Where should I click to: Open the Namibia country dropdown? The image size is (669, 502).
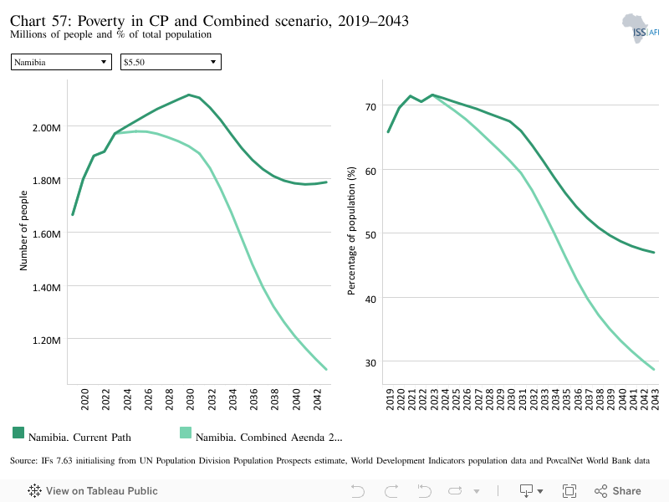click(x=61, y=62)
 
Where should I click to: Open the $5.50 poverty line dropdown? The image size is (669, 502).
click(x=171, y=62)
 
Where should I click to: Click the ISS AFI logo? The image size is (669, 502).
click(x=640, y=28)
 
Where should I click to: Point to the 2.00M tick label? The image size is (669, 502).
click(x=47, y=128)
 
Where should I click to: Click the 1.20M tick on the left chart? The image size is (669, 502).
click(x=47, y=341)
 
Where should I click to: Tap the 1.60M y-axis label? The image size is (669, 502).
click(x=47, y=234)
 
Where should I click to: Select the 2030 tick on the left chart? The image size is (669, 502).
click(x=191, y=399)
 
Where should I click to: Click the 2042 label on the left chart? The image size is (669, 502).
click(x=318, y=399)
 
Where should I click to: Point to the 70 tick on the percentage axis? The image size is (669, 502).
click(x=370, y=107)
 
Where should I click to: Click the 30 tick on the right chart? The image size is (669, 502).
click(x=370, y=363)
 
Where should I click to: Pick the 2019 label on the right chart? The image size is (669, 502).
click(x=390, y=399)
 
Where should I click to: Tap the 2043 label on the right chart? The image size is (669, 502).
click(x=655, y=399)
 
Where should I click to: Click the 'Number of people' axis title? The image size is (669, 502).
click(x=23, y=231)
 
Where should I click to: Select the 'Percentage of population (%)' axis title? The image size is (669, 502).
click(x=351, y=231)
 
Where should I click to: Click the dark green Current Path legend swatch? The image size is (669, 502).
click(x=18, y=433)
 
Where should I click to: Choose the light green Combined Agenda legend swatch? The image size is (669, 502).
click(x=186, y=433)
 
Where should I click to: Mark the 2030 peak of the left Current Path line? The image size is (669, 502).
click(x=189, y=95)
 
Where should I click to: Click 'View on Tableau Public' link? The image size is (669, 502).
click(x=93, y=491)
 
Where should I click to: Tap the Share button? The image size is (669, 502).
click(x=618, y=491)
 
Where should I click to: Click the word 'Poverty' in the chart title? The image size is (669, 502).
click(x=101, y=20)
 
